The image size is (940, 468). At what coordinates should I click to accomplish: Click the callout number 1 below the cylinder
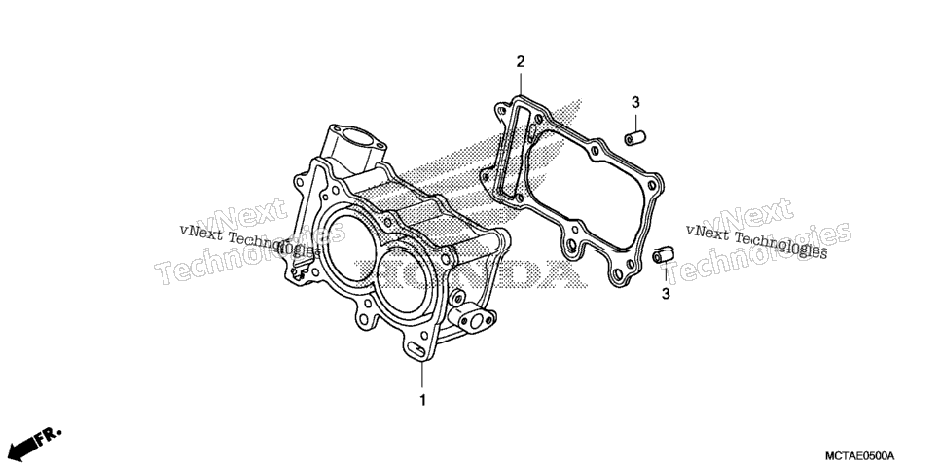(422, 400)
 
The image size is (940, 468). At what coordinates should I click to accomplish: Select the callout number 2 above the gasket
(521, 61)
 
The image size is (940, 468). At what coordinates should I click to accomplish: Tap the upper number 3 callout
(635, 102)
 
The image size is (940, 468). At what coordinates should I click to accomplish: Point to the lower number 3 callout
(666, 294)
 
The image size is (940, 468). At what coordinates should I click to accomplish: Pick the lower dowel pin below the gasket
(663, 255)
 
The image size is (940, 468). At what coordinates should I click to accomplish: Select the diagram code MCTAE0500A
(858, 456)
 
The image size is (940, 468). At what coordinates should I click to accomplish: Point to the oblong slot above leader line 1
(416, 348)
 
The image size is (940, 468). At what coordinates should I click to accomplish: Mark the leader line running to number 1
(422, 376)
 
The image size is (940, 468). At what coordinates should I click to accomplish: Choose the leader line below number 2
(521, 84)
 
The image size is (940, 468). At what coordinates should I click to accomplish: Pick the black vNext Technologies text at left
(248, 240)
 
